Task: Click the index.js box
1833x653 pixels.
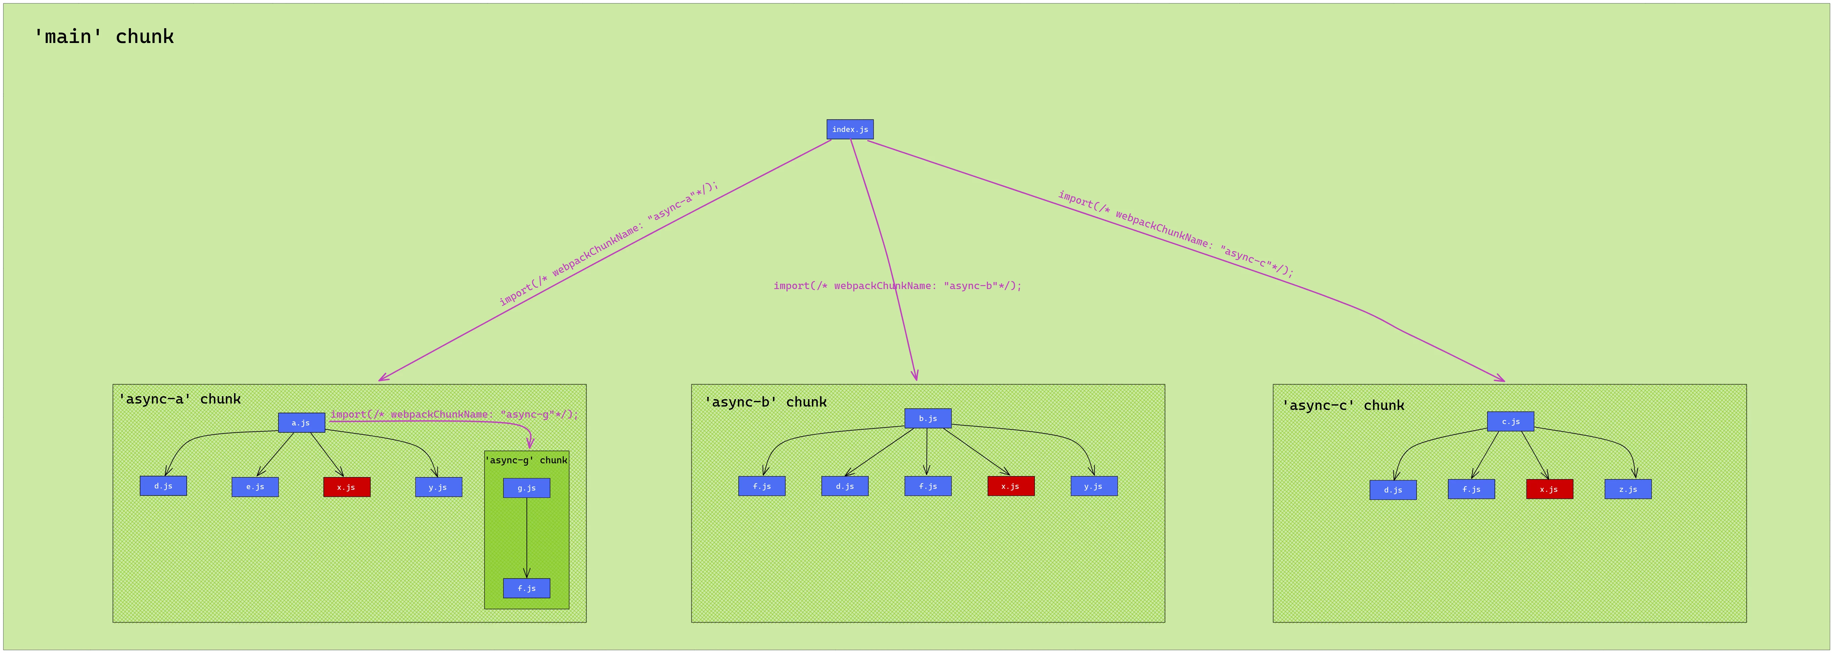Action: point(850,130)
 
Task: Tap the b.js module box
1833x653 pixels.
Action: point(928,418)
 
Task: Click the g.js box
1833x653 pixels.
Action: point(526,488)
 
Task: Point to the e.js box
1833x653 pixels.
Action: point(255,486)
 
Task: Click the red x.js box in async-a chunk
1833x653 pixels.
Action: point(347,486)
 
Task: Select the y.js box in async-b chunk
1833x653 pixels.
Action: point(1094,486)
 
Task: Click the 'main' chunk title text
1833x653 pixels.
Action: point(104,36)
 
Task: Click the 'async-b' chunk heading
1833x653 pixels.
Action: point(766,402)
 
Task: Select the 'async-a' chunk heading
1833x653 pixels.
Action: point(179,399)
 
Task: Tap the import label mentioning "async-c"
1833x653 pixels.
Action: point(1176,233)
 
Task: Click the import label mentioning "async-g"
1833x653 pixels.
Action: point(454,414)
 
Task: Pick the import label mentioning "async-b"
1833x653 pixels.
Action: point(897,286)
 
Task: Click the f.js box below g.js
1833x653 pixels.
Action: point(526,588)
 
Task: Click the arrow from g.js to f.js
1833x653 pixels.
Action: point(526,538)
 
